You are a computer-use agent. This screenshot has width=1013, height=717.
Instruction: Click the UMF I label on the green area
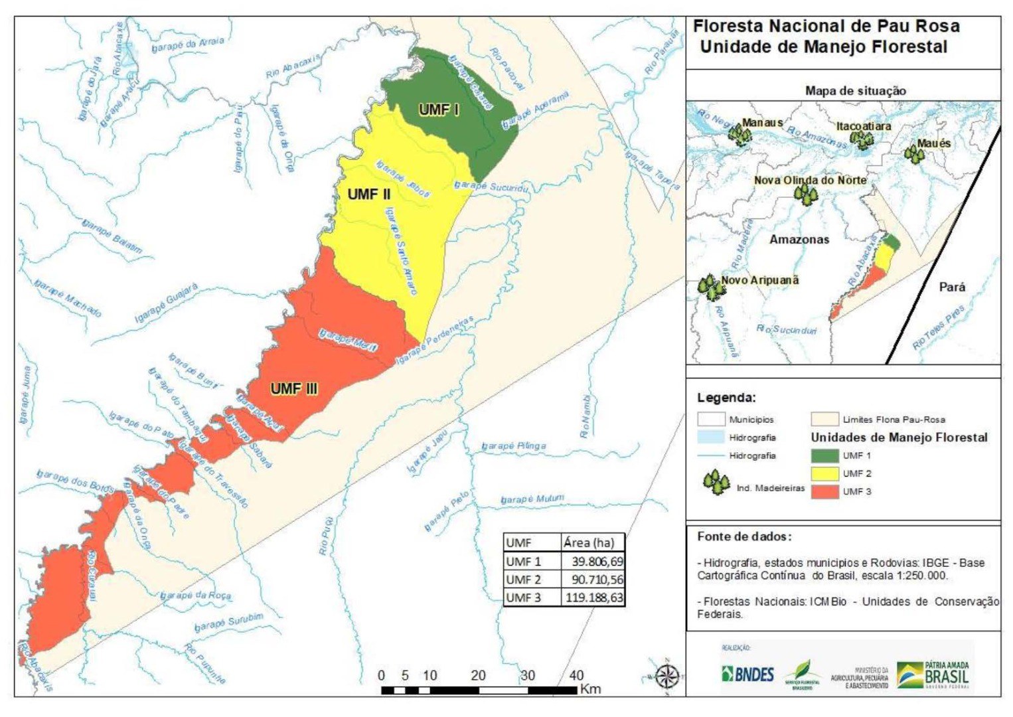[439, 110]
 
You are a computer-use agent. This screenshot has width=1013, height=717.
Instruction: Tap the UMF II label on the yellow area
[369, 194]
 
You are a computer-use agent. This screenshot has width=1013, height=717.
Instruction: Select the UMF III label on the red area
[294, 388]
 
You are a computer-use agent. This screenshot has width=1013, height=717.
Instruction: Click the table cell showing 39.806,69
[593, 562]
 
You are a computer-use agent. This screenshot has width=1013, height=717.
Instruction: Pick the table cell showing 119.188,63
[593, 597]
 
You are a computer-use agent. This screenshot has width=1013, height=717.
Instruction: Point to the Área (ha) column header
[589, 542]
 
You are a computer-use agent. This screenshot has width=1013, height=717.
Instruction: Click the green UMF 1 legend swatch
[824, 456]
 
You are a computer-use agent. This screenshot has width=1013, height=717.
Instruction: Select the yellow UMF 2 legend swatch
[824, 474]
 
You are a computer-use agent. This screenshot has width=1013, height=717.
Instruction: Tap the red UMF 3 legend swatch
[824, 492]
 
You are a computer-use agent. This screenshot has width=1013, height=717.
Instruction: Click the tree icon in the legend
[717, 483]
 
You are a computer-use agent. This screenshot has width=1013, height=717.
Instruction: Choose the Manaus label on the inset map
[762, 123]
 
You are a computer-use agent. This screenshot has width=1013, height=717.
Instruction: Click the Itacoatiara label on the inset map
[863, 126]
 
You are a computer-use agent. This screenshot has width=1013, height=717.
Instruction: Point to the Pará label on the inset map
[952, 287]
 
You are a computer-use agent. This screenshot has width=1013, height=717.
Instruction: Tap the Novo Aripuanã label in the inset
[759, 280]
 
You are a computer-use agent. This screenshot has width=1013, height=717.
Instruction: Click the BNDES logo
[747, 675]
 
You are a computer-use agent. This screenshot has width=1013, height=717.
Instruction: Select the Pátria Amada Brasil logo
[933, 675]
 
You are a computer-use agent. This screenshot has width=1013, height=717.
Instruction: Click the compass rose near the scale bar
[666, 677]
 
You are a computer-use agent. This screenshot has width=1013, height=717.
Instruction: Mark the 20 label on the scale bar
[478, 676]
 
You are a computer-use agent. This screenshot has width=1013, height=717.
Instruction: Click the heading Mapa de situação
[855, 91]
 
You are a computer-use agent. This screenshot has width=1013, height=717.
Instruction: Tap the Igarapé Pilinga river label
[514, 446]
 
